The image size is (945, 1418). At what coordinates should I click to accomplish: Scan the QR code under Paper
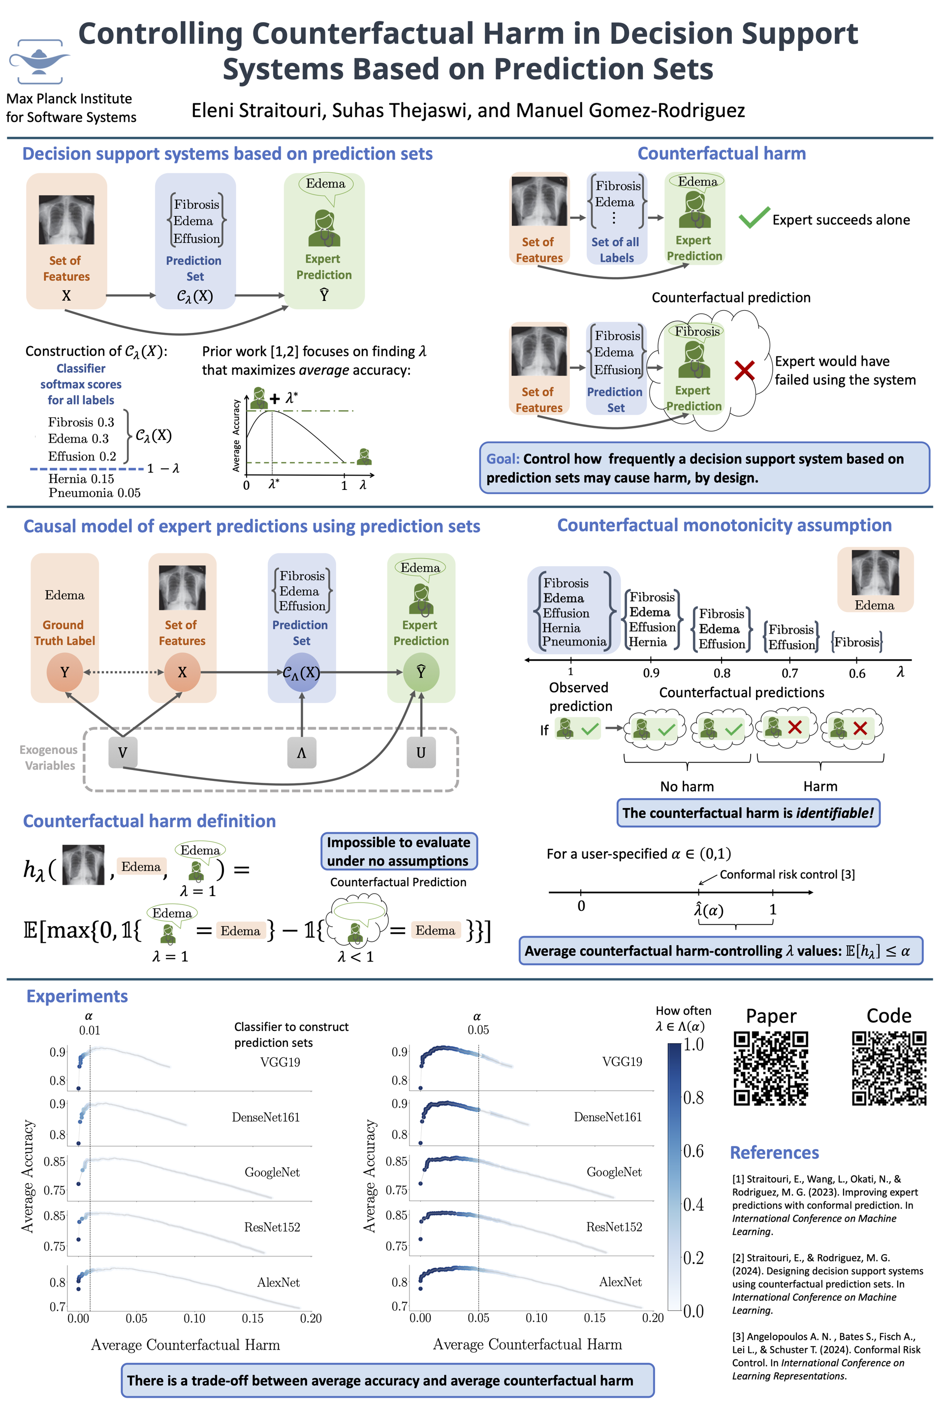tap(770, 1068)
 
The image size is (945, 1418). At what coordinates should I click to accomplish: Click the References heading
tap(774, 1152)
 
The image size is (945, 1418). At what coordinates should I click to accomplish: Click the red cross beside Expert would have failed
tap(744, 370)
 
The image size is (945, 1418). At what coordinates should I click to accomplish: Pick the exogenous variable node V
tap(123, 752)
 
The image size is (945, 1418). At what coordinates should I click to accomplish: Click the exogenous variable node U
tap(421, 752)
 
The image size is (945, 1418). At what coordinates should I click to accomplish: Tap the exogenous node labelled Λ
tap(301, 752)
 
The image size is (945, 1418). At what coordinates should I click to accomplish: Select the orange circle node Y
tap(64, 672)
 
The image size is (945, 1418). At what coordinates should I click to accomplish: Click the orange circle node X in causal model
tap(182, 672)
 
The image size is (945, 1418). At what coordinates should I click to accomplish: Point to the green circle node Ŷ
tap(421, 672)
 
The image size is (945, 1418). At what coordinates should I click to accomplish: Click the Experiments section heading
tap(77, 996)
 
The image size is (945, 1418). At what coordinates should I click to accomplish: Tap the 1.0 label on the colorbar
tap(693, 1044)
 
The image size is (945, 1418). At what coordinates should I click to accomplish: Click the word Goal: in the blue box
tap(503, 459)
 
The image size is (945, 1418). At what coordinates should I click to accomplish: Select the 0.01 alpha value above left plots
tap(89, 1031)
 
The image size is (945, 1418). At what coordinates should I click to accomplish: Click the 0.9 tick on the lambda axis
tap(651, 673)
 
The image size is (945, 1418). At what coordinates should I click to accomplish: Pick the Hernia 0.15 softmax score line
tap(81, 479)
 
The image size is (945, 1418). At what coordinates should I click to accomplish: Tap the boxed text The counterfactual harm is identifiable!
tap(748, 813)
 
